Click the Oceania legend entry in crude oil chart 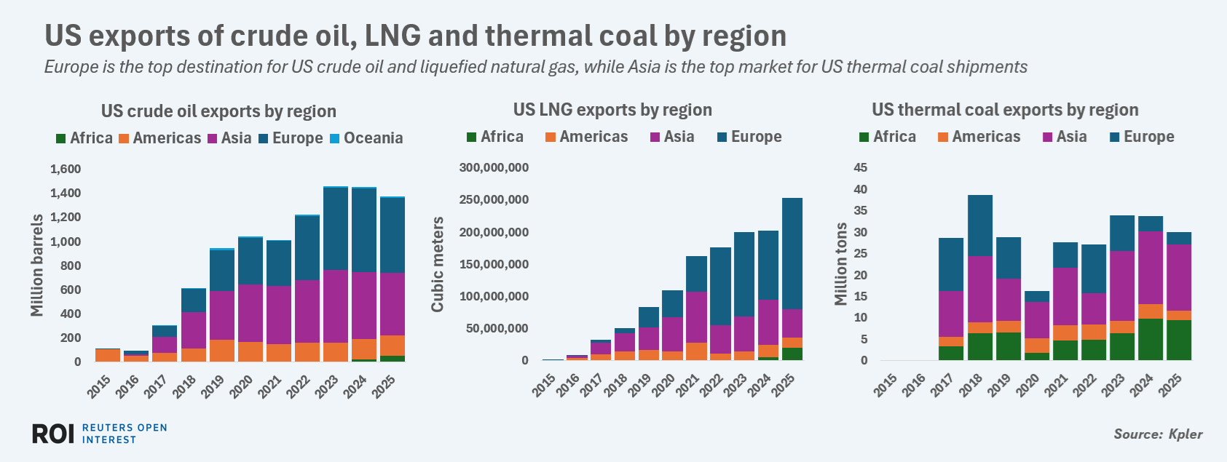pos(366,138)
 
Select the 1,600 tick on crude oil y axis pos(66,169)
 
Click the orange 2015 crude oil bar pos(108,355)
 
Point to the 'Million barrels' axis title pos(37,266)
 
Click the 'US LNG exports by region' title pos(612,110)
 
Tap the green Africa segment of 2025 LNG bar pos(792,354)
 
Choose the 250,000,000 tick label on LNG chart pos(494,200)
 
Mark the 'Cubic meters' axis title pos(438,265)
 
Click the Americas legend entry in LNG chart pos(586,137)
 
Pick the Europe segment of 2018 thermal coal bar pos(980,226)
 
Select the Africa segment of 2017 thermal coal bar pos(951,353)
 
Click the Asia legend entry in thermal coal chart pos(1065,137)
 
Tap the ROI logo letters pos(53,434)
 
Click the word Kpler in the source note pos(1185,434)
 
